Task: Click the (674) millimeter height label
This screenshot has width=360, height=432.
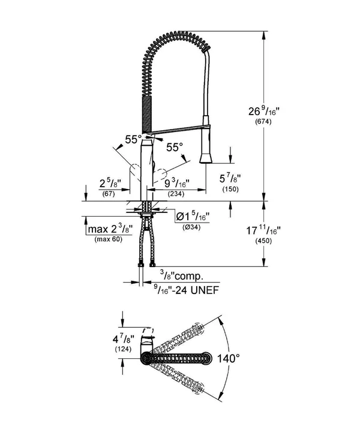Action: pos(263,122)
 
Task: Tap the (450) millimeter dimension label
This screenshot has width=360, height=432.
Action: pos(263,241)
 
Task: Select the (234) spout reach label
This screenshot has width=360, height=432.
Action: pos(176,194)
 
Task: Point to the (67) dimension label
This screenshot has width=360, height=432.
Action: pos(108,194)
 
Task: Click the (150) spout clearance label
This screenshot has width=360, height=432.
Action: pos(230,190)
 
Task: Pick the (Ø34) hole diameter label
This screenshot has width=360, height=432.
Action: pos(191,227)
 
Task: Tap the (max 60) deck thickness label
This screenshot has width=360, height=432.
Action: pos(108,239)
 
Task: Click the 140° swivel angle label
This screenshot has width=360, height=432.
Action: pos(229,358)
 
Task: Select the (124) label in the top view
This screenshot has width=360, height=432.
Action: pos(123,349)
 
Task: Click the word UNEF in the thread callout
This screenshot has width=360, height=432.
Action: pos(205,290)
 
